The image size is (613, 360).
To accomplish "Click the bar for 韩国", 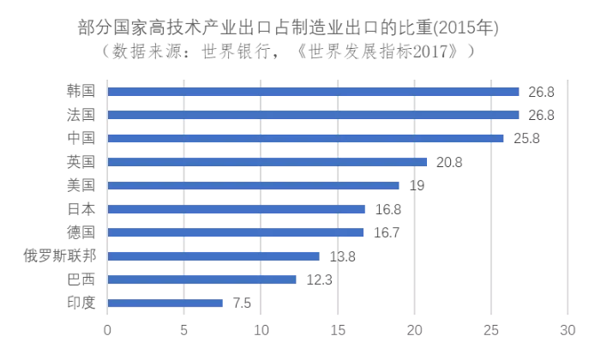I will pyautogui.click(x=313, y=92).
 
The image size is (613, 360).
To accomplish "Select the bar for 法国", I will pyautogui.click(x=313, y=115).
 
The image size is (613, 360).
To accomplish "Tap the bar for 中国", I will pyautogui.click(x=305, y=138).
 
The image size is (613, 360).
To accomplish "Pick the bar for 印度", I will pyautogui.click(x=165, y=303).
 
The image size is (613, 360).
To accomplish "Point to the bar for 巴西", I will pyautogui.click(x=202, y=279).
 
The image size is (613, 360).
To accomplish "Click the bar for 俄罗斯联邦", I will pyautogui.click(x=213, y=255).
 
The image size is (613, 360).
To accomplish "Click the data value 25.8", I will pyautogui.click(x=526, y=138).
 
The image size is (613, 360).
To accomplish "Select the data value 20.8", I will pyautogui.click(x=450, y=161).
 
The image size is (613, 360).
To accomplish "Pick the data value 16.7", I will pyautogui.click(x=387, y=232).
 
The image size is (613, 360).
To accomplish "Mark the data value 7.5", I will pyautogui.click(x=242, y=303).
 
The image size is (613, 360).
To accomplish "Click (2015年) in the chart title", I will pyautogui.click(x=468, y=28).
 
